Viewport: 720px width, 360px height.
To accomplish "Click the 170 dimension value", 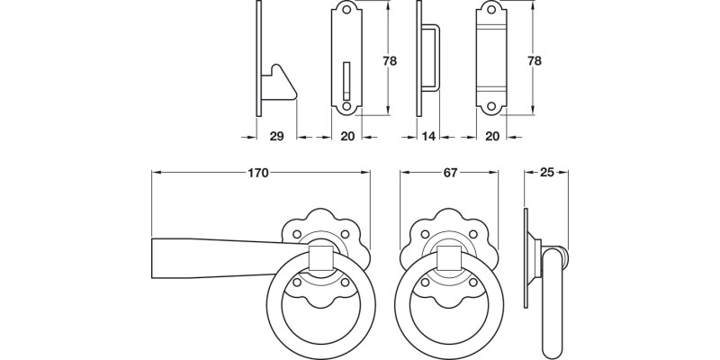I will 258,174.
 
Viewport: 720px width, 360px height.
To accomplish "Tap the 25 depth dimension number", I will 546,174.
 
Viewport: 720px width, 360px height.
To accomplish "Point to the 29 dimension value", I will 276,136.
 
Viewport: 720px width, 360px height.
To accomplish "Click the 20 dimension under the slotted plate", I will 346,136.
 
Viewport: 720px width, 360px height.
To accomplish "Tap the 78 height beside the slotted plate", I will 389,61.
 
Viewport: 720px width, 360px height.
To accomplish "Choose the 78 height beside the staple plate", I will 535,61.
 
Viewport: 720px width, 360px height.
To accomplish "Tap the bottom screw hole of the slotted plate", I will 346,106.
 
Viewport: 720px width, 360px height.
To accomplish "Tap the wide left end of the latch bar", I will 162,256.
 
